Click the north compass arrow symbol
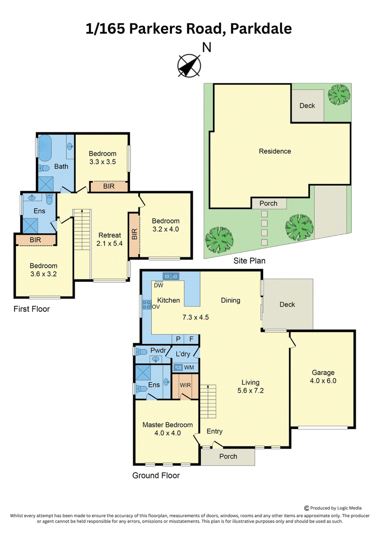click(x=189, y=65)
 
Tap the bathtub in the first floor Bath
click(x=44, y=148)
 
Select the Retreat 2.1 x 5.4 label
click(x=110, y=239)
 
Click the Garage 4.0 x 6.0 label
click(x=323, y=377)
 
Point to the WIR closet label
click(x=185, y=385)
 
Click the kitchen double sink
click(x=171, y=276)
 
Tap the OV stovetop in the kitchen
click(x=147, y=305)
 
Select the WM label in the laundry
click(x=189, y=368)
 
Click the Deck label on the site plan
click(x=307, y=106)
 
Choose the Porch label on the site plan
click(x=268, y=203)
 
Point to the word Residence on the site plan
click(x=275, y=151)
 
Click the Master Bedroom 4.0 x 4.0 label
click(x=167, y=429)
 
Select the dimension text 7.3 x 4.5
click(x=195, y=317)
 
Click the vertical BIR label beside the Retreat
click(x=134, y=234)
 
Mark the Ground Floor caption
click(x=156, y=475)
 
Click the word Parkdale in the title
click(x=261, y=29)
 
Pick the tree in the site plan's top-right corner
click(x=339, y=95)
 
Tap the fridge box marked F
click(x=191, y=339)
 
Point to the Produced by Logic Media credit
click(x=333, y=508)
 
